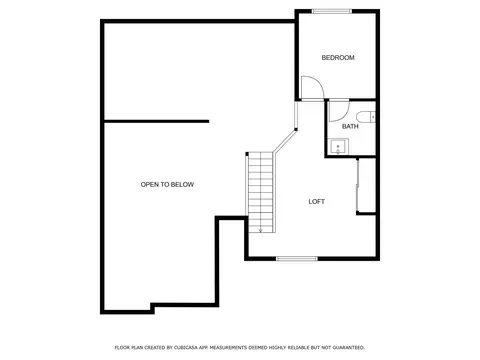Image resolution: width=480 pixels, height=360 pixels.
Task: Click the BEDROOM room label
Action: [x=338, y=58]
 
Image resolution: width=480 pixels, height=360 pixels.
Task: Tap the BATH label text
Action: [x=350, y=126]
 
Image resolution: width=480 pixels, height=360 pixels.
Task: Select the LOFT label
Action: [x=316, y=201]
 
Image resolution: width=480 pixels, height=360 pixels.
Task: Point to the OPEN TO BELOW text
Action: [x=167, y=184]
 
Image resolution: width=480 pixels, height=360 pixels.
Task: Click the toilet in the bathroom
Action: [x=365, y=117]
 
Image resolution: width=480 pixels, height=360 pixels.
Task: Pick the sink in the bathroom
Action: [x=338, y=146]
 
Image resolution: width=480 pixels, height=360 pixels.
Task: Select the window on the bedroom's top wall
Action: [x=332, y=11]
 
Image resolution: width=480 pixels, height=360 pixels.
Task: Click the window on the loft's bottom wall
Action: [x=297, y=258]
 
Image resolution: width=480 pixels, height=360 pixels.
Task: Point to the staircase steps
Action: [x=261, y=192]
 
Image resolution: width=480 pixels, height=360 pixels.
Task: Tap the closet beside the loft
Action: [x=367, y=185]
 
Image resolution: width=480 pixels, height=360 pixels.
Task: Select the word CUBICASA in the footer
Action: [x=185, y=348]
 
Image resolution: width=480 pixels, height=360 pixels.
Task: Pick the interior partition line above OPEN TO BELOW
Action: [x=157, y=121]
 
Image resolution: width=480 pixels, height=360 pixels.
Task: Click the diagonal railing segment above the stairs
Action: [x=285, y=141]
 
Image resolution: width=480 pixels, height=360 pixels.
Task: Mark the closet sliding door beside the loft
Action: [x=357, y=185]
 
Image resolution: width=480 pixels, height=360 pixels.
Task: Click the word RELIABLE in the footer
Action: [x=299, y=348]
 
